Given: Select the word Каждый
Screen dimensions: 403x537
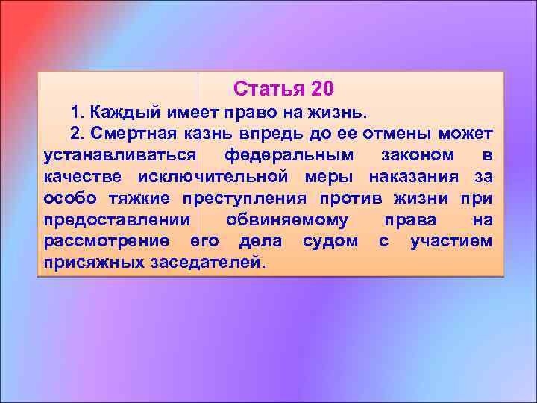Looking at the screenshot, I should click(x=122, y=112).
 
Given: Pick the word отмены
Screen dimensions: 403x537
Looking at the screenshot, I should click(x=402, y=134).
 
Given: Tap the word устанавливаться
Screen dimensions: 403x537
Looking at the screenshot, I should click(x=119, y=155).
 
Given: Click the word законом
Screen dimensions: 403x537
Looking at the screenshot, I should click(x=417, y=155).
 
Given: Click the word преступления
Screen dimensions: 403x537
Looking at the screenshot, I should click(x=245, y=199).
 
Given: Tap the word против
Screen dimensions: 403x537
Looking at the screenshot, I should click(x=355, y=199).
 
